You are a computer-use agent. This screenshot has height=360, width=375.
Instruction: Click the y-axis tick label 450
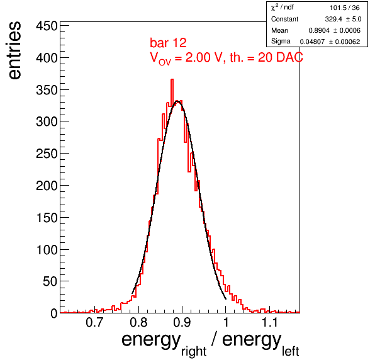[47, 26]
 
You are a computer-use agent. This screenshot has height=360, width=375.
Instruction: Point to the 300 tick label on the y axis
[47, 121]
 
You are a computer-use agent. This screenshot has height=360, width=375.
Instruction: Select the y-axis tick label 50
[50, 281]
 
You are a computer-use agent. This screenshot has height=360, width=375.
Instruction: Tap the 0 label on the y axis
[54, 313]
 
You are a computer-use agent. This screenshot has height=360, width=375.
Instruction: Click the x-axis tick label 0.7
[95, 322]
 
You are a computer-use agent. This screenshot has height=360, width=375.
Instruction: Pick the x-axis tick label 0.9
[182, 322]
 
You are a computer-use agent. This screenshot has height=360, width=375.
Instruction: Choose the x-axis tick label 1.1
[270, 322]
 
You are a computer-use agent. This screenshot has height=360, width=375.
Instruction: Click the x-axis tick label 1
[226, 322]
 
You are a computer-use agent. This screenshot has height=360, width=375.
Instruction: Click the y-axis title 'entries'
[14, 50]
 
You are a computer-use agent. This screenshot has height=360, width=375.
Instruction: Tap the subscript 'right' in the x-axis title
[194, 351]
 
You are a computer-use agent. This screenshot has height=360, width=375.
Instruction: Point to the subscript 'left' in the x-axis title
[290, 351]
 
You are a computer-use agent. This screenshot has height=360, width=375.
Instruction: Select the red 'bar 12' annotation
[168, 43]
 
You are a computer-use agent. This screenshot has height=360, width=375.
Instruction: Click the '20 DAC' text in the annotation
[280, 57]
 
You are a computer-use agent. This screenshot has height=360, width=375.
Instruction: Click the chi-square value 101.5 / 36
[345, 8]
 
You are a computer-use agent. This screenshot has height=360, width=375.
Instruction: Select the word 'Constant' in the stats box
[284, 19]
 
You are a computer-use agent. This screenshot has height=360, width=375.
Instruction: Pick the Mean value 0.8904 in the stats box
[319, 30]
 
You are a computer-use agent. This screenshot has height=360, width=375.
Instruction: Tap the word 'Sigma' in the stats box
[281, 42]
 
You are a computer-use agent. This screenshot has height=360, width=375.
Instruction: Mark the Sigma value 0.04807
[312, 42]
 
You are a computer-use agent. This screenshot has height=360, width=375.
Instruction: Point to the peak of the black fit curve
[177, 101]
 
